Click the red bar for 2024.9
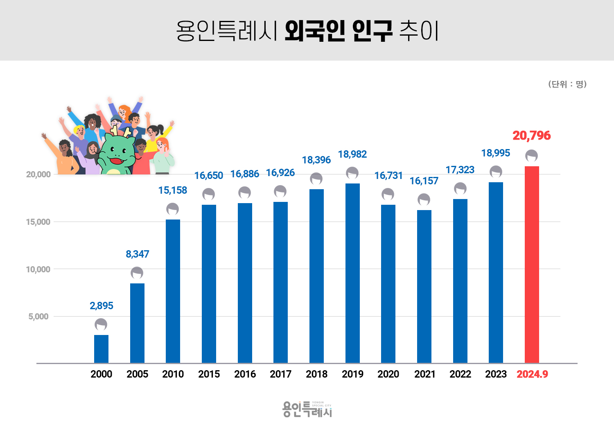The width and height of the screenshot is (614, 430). [x=532, y=264]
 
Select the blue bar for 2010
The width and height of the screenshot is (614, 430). [x=173, y=291]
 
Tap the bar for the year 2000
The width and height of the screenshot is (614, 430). [x=101, y=349]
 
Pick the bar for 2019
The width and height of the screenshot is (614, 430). [x=352, y=273]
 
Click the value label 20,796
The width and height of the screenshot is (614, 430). [x=531, y=136]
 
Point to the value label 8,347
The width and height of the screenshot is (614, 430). [x=137, y=254]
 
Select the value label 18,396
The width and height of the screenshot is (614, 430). [x=316, y=160]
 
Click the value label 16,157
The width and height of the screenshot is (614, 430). [x=424, y=181]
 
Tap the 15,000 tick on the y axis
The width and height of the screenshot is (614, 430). [x=38, y=222]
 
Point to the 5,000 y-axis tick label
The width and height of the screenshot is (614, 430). [x=38, y=317]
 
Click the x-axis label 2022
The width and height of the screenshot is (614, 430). [x=460, y=374]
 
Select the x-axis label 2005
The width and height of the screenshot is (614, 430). [x=137, y=374]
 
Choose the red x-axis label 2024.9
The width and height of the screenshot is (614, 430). [x=532, y=374]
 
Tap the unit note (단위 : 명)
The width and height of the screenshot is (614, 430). [x=567, y=84]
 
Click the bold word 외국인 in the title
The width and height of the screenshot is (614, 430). [x=314, y=31]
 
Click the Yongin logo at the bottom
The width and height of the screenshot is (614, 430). [x=307, y=409]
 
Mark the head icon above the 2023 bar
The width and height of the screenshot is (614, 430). [x=496, y=172]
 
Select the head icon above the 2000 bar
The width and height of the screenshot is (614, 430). [x=101, y=325]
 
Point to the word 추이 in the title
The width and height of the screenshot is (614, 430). [x=419, y=31]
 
